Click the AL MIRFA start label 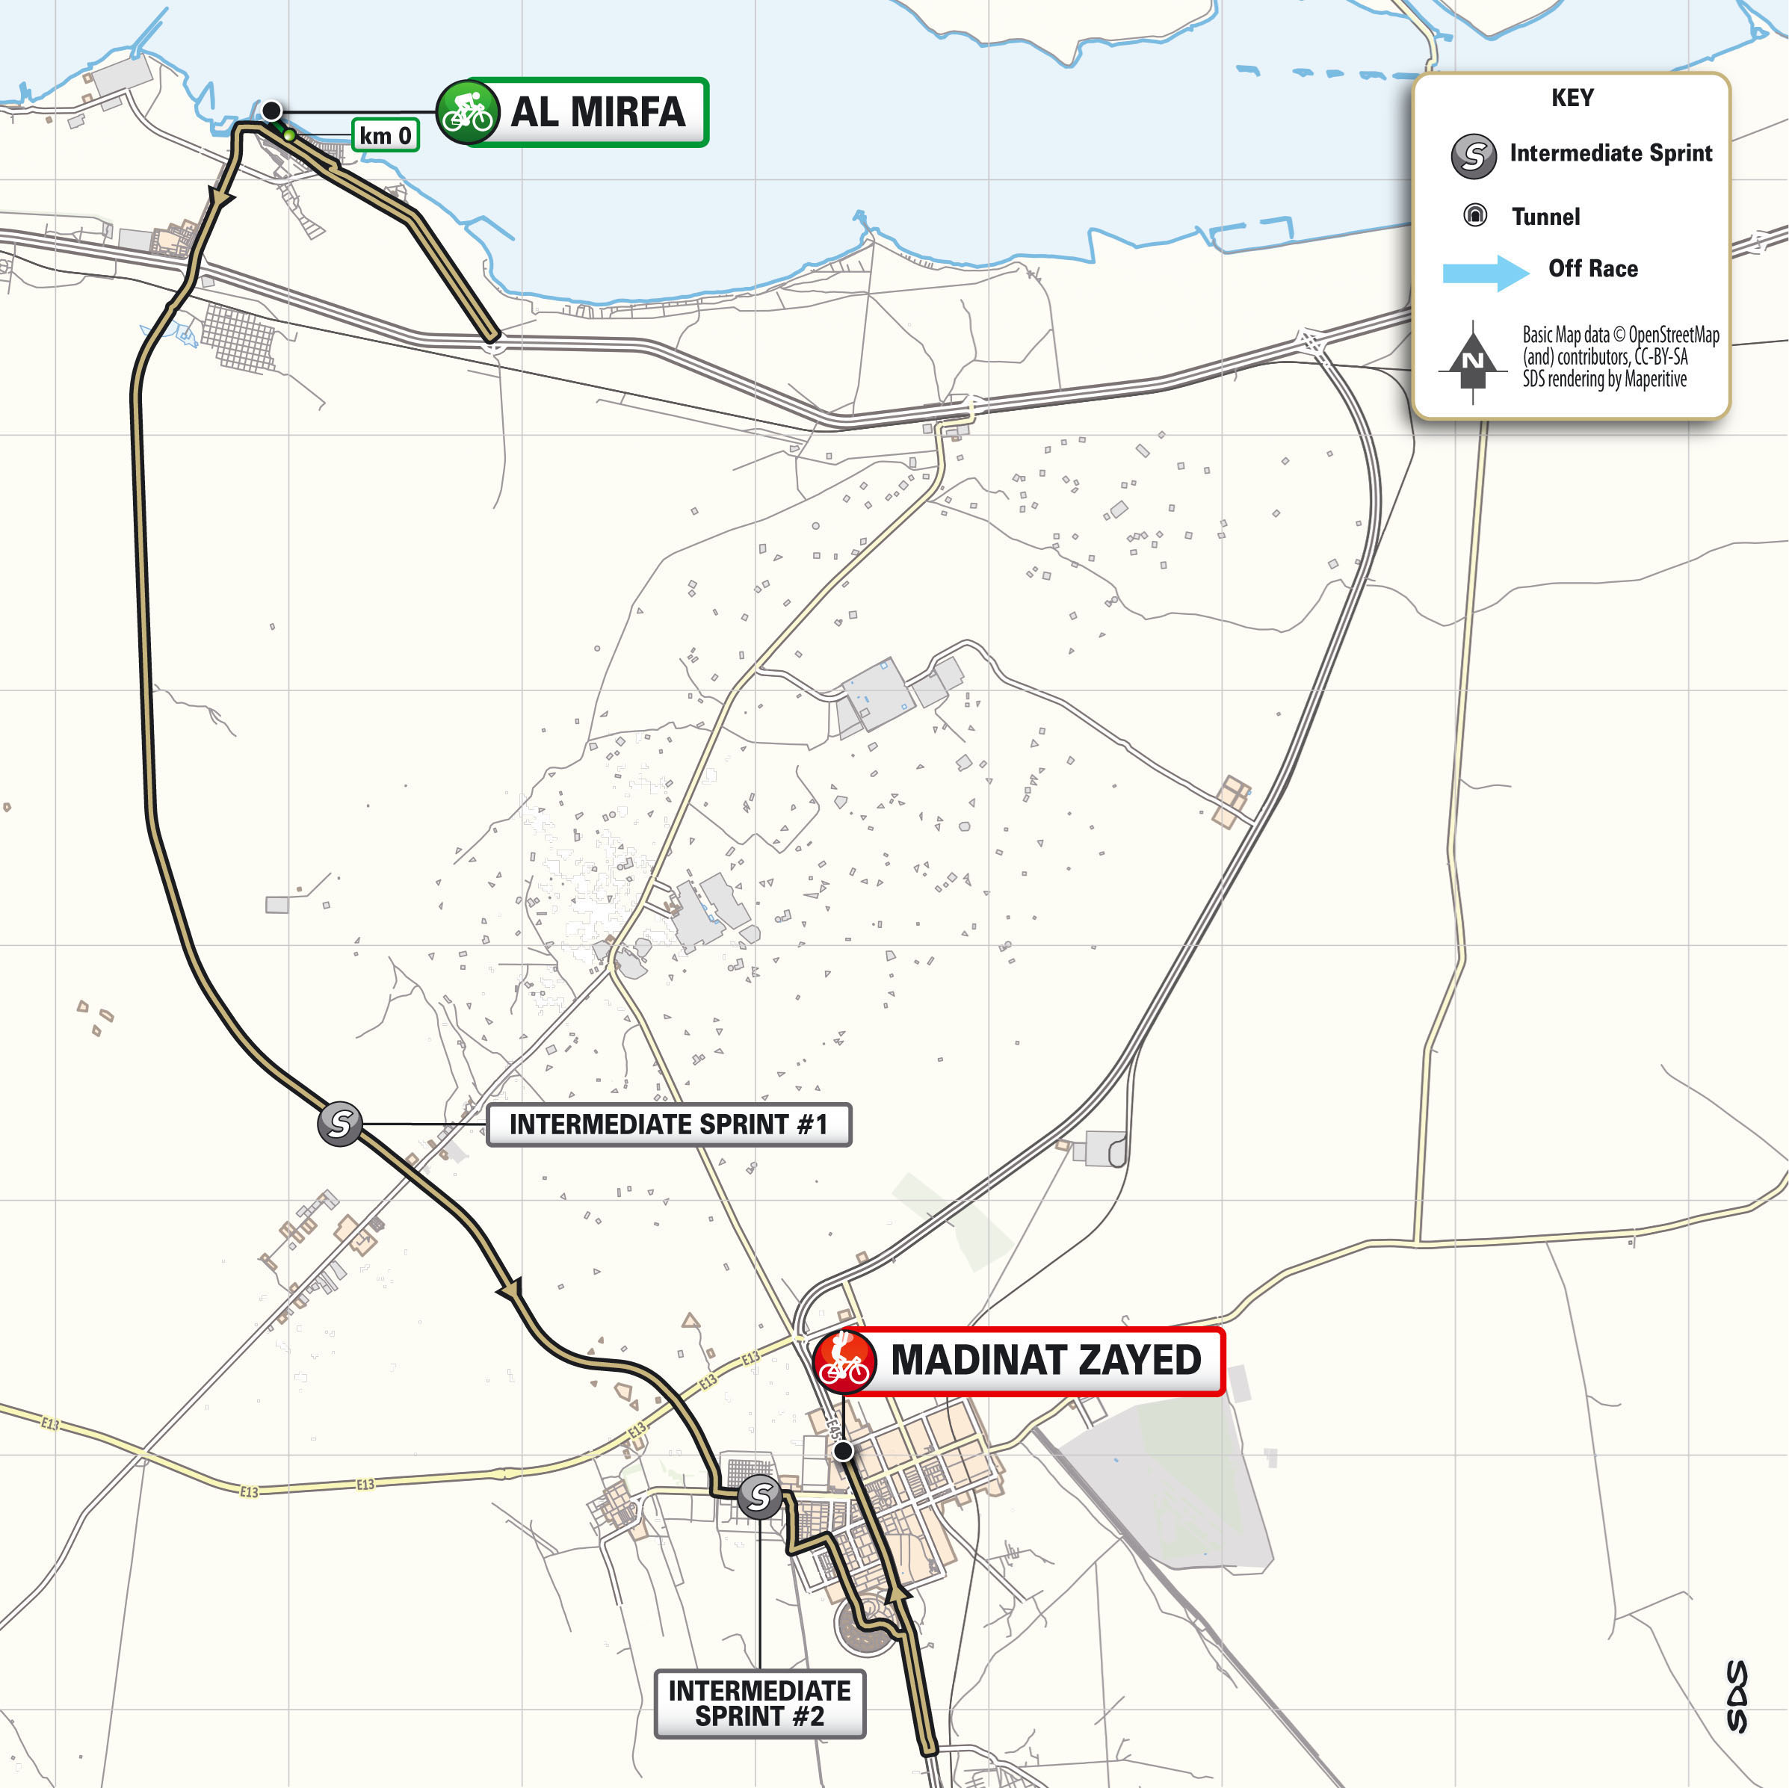[597, 112]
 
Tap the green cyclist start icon [468, 112]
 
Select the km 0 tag [385, 135]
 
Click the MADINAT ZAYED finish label [1045, 1360]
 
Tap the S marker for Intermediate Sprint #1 [340, 1123]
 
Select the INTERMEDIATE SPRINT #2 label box [759, 1703]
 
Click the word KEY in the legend [1572, 98]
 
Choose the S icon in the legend [1473, 155]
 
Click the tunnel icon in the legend [1474, 216]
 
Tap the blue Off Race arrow [1484, 272]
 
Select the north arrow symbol [1472, 361]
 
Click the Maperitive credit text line [1604, 379]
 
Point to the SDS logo [1737, 1695]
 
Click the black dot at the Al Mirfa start [271, 111]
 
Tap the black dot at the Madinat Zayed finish [843, 1451]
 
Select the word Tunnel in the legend [1545, 217]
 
